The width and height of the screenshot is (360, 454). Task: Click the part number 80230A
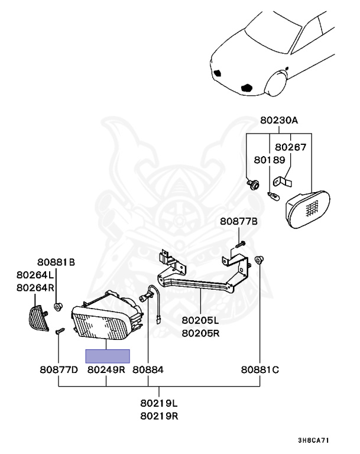tap(278, 120)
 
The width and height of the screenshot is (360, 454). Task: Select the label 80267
tap(290, 147)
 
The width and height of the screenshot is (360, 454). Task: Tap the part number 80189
tap(270, 160)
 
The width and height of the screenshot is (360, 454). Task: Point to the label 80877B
tap(239, 221)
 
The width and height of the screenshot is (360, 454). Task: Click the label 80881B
tap(56, 262)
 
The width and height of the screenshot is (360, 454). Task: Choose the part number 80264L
tap(35, 274)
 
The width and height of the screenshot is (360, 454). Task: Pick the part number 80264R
tap(35, 287)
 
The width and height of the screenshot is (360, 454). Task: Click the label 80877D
tap(59, 369)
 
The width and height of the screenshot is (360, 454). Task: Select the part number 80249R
tap(106, 369)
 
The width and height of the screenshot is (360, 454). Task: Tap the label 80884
tap(148, 369)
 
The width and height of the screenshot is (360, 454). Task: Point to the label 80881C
tap(260, 369)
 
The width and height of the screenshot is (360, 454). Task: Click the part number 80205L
tap(200, 320)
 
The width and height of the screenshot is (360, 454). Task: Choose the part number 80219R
tap(159, 416)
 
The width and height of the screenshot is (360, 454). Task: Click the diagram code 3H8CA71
tap(313, 440)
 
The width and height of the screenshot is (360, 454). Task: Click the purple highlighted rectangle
tap(108, 356)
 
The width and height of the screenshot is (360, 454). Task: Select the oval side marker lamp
tap(307, 209)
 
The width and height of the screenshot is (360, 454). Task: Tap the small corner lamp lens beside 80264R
tap(38, 318)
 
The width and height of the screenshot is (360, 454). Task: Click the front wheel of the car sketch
tap(276, 84)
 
